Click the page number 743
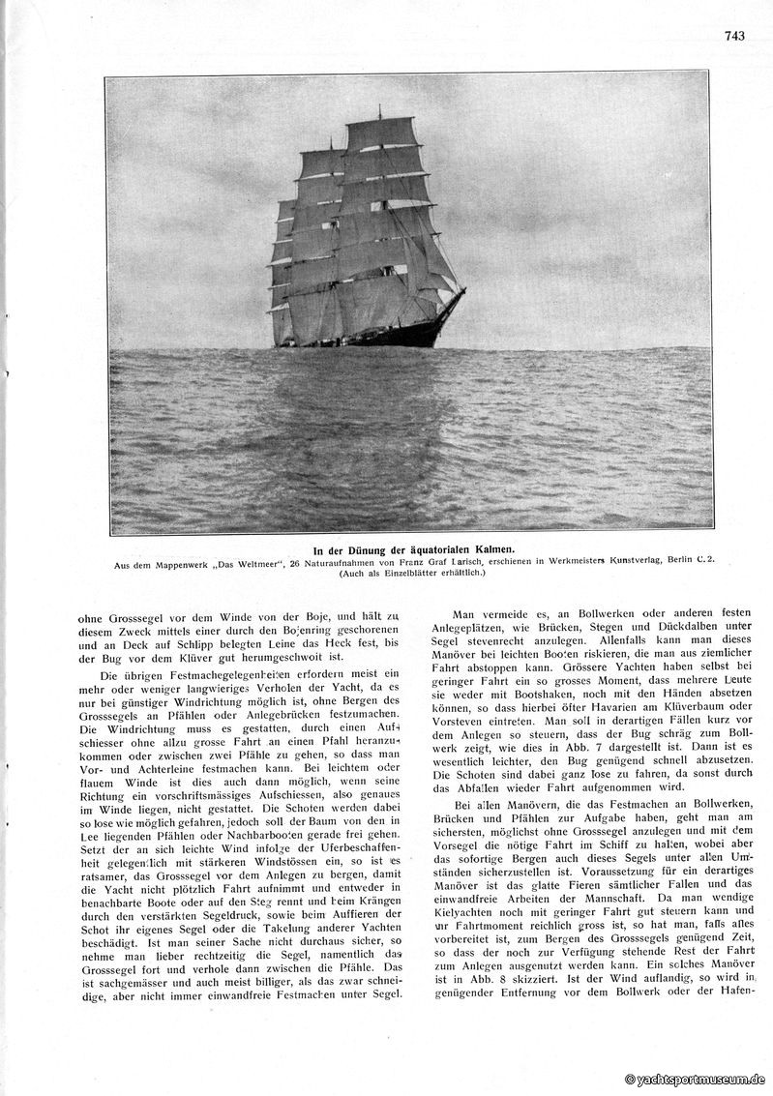733,37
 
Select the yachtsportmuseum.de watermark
697,1079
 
